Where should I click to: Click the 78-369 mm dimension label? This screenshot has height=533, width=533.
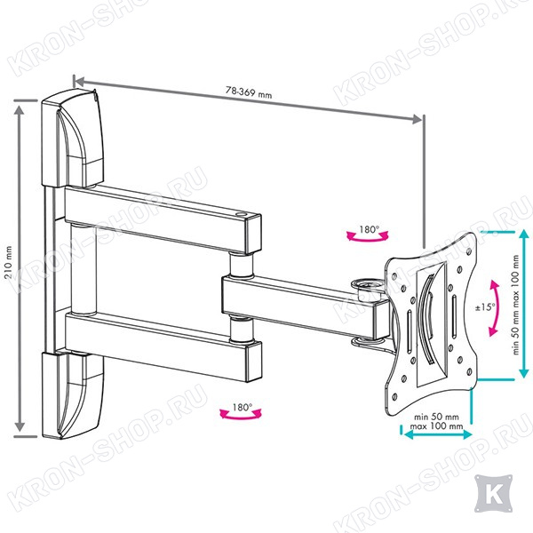tap(247, 91)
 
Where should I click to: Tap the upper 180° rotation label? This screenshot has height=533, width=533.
tap(367, 229)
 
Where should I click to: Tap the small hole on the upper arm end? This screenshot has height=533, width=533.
tap(243, 213)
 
